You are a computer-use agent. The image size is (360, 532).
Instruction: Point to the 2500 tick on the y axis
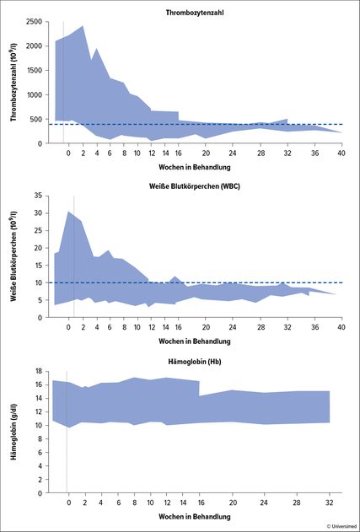point(34,22)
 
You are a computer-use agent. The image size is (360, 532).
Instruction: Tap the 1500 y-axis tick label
point(34,71)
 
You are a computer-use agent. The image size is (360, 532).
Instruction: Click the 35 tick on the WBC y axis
point(38,196)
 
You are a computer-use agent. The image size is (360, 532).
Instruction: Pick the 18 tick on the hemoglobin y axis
point(38,371)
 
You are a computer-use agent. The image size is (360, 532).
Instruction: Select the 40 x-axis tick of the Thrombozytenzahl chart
point(341,153)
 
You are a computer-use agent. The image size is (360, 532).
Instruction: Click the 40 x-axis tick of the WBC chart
point(341,326)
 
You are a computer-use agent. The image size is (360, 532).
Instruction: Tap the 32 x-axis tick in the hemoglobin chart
point(330,502)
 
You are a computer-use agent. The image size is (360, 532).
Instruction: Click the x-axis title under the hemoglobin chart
point(195,516)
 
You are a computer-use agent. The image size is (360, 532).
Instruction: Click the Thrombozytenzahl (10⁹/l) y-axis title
point(14,83)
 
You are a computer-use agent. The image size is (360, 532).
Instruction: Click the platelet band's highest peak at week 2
point(83,26)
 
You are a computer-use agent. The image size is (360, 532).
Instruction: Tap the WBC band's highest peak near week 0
point(67,212)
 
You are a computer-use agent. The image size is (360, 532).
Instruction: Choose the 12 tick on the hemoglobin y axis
point(38,412)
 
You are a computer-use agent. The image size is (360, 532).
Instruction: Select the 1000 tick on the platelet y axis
point(34,95)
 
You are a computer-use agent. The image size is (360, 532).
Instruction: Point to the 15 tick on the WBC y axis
point(38,266)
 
